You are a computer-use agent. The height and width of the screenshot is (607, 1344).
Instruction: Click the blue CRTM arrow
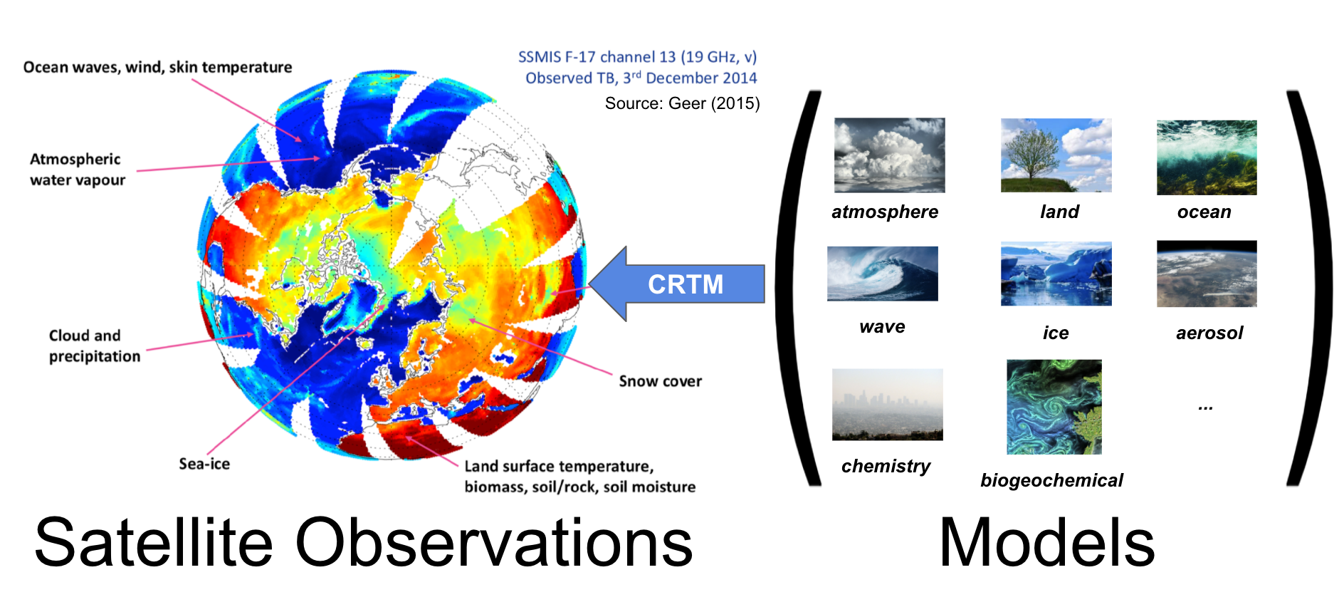676,284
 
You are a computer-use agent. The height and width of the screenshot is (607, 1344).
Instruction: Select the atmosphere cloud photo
889,155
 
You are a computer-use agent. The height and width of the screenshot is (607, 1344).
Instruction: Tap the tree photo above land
1056,155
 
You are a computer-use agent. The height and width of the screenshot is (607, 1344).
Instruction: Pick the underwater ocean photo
1207,157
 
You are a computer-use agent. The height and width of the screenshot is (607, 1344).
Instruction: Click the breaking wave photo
883,274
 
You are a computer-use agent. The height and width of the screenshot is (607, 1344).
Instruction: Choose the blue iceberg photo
1056,274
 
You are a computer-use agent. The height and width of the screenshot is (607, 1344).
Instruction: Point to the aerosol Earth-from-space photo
1207,274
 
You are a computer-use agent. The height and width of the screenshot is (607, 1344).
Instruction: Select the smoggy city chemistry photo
888,404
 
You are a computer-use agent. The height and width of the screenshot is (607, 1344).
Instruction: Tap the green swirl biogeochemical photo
1054,407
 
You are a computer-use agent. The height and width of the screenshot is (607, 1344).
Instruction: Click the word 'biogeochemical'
1051,480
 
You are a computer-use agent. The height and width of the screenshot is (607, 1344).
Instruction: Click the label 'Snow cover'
660,381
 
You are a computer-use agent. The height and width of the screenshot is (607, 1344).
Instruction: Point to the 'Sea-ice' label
204,464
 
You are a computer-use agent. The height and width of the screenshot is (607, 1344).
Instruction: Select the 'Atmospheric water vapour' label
78,170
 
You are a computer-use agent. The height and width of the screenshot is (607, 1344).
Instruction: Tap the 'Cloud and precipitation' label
95,346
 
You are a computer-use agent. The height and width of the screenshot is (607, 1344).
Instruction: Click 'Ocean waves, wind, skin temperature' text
157,67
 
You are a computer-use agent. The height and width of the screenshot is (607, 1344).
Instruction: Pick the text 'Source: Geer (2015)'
682,103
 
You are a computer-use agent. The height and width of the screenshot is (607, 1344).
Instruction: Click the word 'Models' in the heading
1046,542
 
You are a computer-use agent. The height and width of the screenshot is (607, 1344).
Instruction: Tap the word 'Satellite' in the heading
154,542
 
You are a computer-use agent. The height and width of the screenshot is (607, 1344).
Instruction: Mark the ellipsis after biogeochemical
1205,408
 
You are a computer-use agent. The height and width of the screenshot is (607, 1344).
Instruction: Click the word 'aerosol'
1209,333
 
